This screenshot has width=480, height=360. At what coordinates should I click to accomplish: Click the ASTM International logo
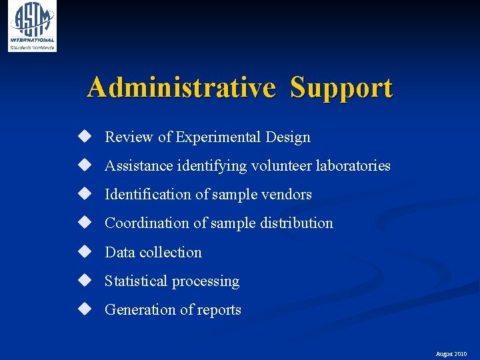(x=32, y=26)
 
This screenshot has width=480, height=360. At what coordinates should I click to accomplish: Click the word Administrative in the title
(x=181, y=87)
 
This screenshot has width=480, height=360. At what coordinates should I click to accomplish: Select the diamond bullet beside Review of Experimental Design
(x=84, y=137)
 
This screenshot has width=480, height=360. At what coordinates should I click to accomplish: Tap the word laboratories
(x=353, y=165)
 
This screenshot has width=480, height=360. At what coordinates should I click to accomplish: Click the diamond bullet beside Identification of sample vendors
(x=84, y=194)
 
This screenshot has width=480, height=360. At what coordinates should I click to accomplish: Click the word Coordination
(x=147, y=223)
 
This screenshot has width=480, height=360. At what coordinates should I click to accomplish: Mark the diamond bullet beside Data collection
(x=84, y=252)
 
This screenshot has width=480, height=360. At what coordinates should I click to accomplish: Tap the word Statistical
(x=136, y=281)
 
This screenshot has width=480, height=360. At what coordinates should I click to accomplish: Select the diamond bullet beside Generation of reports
(x=84, y=309)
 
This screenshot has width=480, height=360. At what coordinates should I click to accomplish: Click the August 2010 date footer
(x=451, y=354)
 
